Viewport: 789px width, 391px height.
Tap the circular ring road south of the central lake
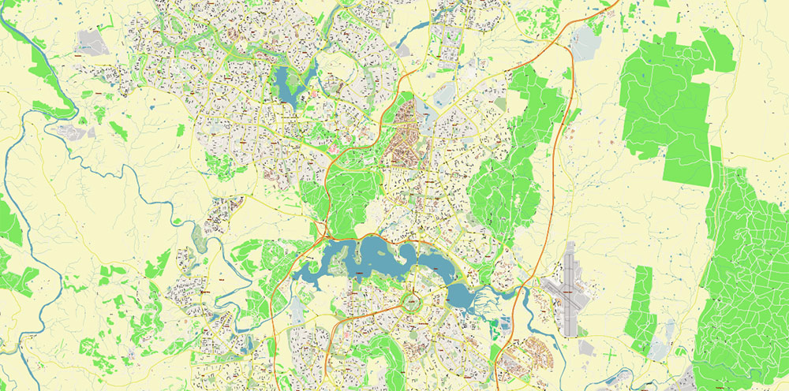(412, 301)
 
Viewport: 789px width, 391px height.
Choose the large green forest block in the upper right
(671, 102)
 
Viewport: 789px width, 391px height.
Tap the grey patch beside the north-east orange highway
(585, 43)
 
